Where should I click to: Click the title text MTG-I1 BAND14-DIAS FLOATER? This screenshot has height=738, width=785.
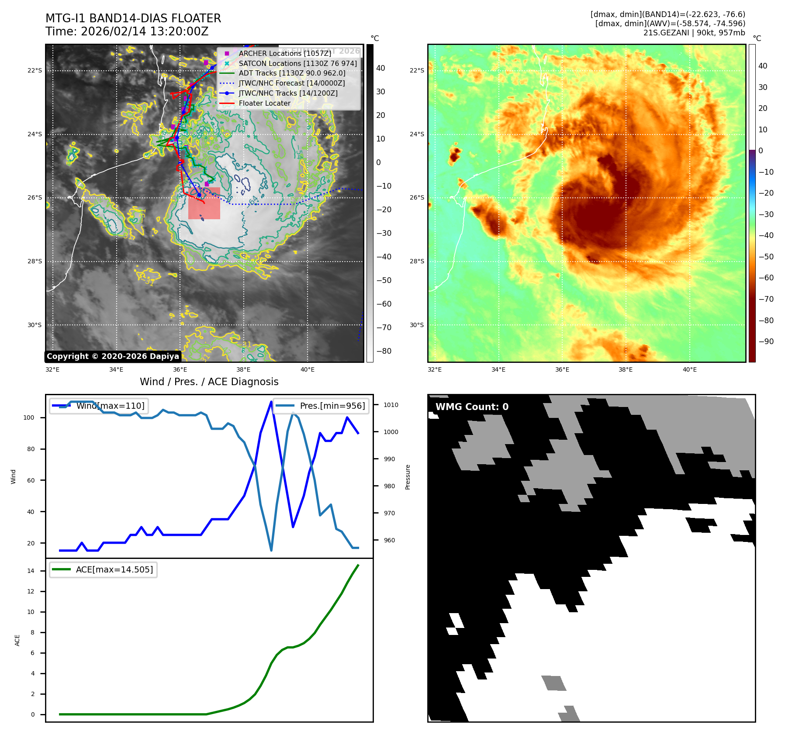[133, 18]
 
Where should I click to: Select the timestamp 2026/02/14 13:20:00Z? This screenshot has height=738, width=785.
[145, 31]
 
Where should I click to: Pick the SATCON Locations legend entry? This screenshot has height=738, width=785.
[297, 63]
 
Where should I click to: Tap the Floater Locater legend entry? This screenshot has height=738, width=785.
[264, 103]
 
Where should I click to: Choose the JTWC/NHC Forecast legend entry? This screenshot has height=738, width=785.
[291, 83]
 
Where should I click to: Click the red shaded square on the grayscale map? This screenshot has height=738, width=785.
[204, 203]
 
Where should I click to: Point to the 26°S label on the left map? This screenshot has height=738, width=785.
[35, 197]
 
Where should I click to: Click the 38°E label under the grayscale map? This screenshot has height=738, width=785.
[243, 369]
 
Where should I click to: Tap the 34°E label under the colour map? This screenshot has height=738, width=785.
[498, 369]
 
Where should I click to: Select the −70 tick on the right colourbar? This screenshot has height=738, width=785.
[766, 299]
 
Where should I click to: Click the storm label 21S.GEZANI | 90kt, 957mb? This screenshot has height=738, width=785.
[694, 33]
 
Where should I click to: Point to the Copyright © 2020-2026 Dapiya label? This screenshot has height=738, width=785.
[113, 356]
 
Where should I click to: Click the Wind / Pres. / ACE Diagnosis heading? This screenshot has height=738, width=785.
[209, 382]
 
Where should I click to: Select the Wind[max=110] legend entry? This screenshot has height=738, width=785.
[110, 406]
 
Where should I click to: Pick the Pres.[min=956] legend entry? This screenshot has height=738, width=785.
[332, 406]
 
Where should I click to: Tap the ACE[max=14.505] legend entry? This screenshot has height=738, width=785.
[114, 569]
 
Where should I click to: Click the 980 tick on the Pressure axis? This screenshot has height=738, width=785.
[389, 486]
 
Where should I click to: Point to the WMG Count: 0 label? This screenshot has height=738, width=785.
[472, 407]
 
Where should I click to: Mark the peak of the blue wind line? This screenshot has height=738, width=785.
[272, 401]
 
